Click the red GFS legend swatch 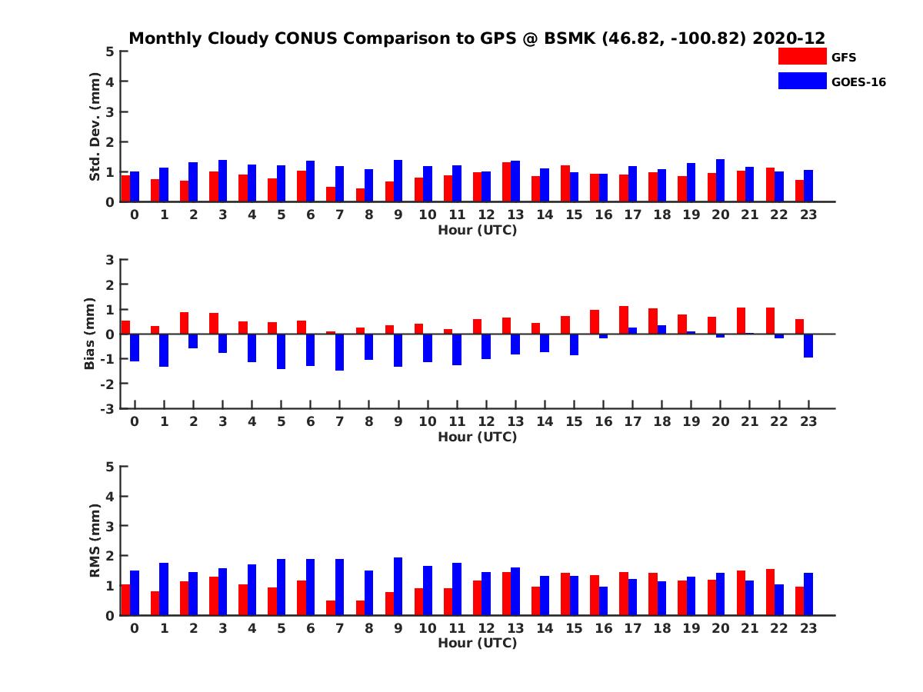coord(802,56)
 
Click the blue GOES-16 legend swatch coord(802,81)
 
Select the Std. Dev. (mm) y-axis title coord(95,127)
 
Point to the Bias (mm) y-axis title coord(90,334)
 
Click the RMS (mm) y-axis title coord(95,541)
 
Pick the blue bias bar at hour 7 coord(339,352)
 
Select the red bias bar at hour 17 coord(624,320)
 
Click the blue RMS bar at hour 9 coord(398,586)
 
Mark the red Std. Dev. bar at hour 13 coord(506,182)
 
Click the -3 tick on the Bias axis coord(108,408)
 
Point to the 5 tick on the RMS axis coord(111,467)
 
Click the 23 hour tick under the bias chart coord(808,421)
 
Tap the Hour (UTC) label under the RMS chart coord(477,643)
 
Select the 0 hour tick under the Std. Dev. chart coord(134,215)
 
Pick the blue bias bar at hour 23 coord(808,346)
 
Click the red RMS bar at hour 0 coord(126,600)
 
